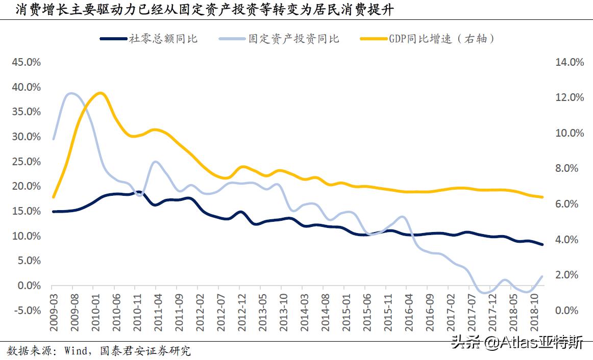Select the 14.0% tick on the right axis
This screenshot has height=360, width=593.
[x=568, y=62]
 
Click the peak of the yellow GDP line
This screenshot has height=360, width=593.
[x=100, y=93]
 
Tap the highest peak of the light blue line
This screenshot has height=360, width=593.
[x=70, y=93]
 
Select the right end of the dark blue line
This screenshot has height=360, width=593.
[x=542, y=244]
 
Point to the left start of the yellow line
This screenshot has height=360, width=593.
[x=53, y=197]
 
